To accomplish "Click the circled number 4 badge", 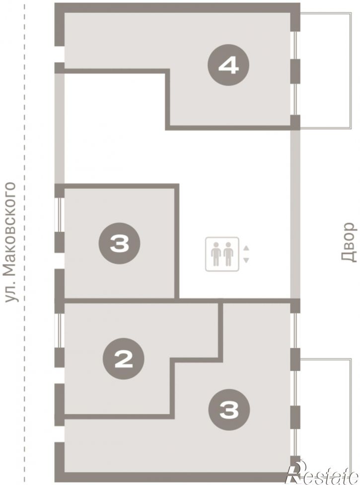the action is pyautogui.click(x=228, y=65).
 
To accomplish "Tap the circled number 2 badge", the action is pyautogui.click(x=123, y=358).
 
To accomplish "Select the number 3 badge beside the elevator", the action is pyautogui.click(x=119, y=243).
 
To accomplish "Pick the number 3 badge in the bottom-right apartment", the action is pyautogui.click(x=229, y=410).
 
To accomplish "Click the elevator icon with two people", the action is pyautogui.click(x=222, y=254).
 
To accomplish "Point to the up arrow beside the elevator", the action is pyautogui.click(x=246, y=248).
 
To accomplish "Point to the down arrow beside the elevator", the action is pyautogui.click(x=246, y=260).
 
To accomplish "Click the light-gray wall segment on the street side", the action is pyautogui.click(x=59, y=129).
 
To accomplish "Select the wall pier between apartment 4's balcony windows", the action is pyautogui.click(x=295, y=71).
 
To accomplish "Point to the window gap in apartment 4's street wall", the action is pyautogui.click(x=59, y=55).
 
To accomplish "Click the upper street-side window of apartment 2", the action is pyautogui.click(x=59, y=330).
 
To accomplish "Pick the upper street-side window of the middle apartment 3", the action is pyautogui.click(x=59, y=215).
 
